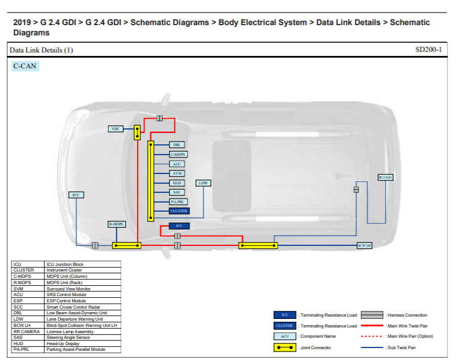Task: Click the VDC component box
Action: click(116, 129)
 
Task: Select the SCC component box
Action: click(76, 195)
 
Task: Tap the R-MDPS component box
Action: click(116, 224)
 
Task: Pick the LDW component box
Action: click(203, 183)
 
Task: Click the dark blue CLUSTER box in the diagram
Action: click(179, 211)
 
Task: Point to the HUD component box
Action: click(177, 183)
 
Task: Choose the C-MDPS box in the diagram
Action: click(179, 154)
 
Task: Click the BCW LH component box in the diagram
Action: click(364, 245)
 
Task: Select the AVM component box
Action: click(177, 173)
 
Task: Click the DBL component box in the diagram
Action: click(177, 145)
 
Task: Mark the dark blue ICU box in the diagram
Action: click(179, 226)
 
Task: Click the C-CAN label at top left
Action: click(26, 66)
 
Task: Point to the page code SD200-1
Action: click(428, 50)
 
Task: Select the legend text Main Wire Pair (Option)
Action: click(409, 337)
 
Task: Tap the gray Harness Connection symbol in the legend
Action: click(371, 315)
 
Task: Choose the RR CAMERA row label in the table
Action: click(27, 331)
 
